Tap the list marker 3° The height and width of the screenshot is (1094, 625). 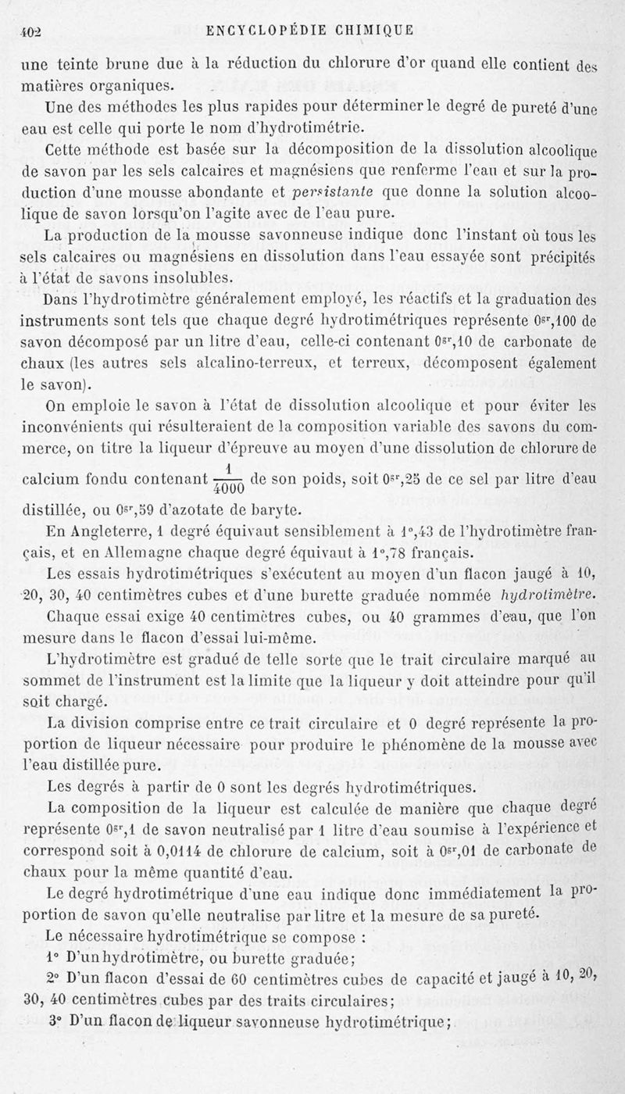click(x=55, y=1020)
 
